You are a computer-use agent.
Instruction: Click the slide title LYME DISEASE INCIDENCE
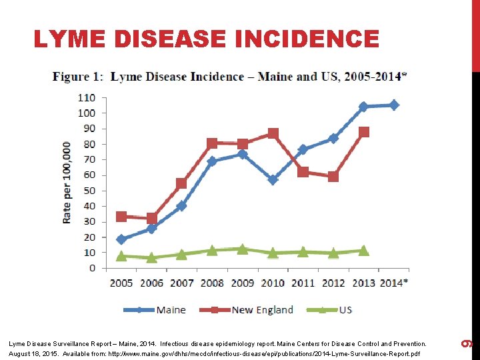206,39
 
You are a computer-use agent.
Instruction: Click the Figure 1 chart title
230,77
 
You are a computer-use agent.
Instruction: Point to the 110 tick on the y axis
87,97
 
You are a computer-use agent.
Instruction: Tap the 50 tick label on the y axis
89,191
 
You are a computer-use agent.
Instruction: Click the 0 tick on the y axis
92,268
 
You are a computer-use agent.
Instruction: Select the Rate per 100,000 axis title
67,182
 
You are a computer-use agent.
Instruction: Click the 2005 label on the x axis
121,283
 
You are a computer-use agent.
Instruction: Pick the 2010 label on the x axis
273,283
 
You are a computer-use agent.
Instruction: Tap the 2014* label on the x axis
393,283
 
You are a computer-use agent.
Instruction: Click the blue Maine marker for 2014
394,105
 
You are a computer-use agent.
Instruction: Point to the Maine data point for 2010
273,179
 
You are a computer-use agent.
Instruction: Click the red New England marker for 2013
363,132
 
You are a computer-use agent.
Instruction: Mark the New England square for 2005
121,217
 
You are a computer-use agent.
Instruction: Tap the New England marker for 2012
333,177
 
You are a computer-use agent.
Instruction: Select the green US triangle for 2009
243,249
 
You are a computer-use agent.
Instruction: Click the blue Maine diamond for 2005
121,239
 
